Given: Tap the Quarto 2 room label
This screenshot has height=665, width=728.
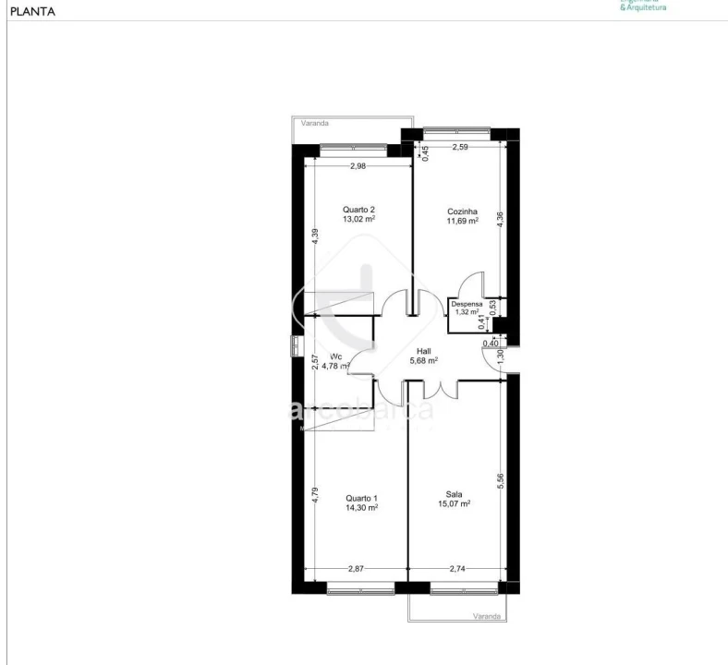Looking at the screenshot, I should coord(358,210).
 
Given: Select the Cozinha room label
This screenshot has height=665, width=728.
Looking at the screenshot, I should coord(462,212).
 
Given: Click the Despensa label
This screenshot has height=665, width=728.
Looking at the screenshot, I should coord(467,303).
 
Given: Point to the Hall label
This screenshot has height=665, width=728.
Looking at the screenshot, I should coord(423,351).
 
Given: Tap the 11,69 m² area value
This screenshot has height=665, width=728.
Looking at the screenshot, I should coord(462,222).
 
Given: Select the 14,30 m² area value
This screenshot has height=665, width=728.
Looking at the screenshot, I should coord(361,507).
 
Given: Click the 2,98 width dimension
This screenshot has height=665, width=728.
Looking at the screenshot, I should coord(359,166).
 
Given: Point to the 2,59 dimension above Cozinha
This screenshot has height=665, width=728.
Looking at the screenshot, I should coord(461,147).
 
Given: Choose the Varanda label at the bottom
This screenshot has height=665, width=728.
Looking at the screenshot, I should coord(486,616).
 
